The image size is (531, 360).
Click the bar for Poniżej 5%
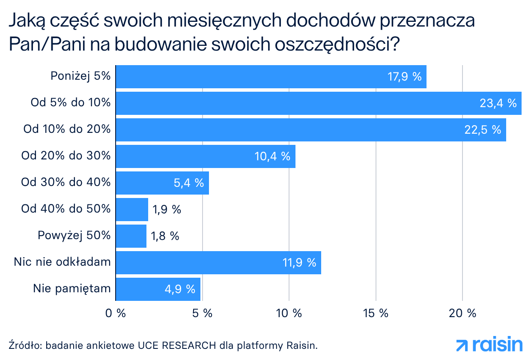point(271,77)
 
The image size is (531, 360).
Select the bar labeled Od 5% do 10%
point(319,103)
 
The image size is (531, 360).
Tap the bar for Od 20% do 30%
point(206,156)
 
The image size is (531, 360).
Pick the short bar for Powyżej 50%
point(131,236)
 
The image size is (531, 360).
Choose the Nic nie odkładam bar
point(218,263)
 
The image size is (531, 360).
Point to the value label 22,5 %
point(483,130)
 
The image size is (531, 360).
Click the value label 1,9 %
point(167,210)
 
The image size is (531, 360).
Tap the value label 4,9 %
point(179,289)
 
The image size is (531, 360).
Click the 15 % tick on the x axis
point(376,313)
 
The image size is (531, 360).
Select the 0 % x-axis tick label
point(116,313)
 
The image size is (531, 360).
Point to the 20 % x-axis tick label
point(462,313)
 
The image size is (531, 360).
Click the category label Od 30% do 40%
point(66,182)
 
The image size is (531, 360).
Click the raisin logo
point(489,345)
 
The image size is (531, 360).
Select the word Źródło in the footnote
point(24,345)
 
